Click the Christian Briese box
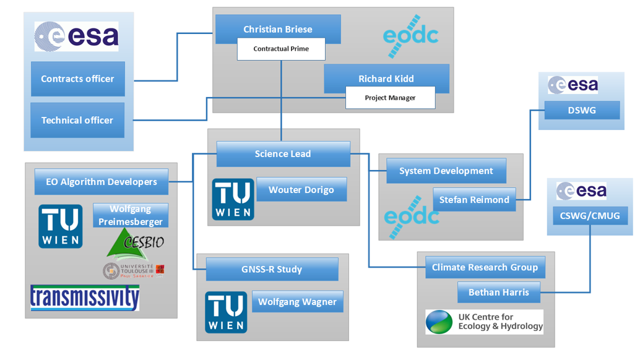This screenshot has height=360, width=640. point(277,28)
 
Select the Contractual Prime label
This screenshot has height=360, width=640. point(281,49)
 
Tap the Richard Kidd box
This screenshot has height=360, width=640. point(386,79)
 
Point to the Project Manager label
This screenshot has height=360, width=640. point(390,98)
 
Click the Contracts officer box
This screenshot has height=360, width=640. point(77,79)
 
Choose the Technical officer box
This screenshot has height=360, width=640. point(77,120)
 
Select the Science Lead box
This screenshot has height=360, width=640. point(283,153)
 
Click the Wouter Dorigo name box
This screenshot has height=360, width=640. point(301,190)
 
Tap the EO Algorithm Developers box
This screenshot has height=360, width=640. point(102,181)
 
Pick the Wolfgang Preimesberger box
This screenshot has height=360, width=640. point(131,215)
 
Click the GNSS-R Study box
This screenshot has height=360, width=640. point(272,269)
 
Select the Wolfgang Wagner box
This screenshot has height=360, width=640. point(297,302)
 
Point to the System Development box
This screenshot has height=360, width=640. point(446,171)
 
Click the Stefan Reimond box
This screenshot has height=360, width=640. point(474,199)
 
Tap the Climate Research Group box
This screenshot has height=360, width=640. point(485,268)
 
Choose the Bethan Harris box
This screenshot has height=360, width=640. point(498,292)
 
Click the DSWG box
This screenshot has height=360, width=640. point(582,110)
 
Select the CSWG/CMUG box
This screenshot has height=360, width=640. point(590,215)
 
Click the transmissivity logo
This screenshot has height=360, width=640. point(85,298)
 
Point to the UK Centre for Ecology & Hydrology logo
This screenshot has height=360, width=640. point(484,322)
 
